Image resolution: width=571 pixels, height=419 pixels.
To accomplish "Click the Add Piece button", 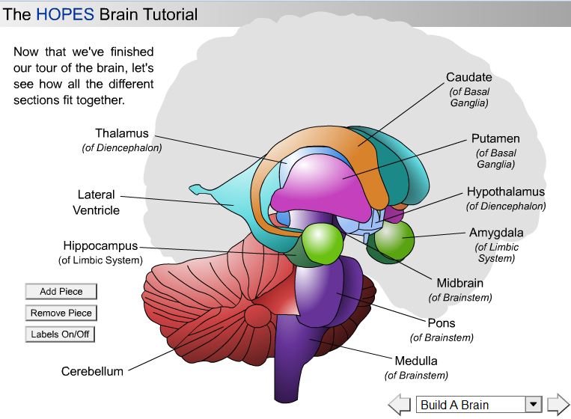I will click(61, 292).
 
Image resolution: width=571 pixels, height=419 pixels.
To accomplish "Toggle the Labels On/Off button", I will click(61, 334).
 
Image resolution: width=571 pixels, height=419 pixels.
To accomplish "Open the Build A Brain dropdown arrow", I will click(532, 405).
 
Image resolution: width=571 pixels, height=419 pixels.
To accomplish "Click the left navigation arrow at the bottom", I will click(400, 405).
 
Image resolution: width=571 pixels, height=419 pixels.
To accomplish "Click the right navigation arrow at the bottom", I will click(558, 405).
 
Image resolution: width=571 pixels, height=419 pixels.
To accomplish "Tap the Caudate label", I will click(468, 77).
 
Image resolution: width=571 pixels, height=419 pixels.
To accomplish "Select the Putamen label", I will click(495, 139).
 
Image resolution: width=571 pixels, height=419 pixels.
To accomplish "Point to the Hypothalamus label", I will click(505, 192).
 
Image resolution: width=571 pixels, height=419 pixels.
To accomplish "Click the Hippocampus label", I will click(100, 246).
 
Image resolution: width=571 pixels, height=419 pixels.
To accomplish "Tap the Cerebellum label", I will click(92, 371).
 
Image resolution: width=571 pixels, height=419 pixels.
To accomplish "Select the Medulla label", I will click(415, 361).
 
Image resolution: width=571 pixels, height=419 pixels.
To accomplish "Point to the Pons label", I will click(441, 324).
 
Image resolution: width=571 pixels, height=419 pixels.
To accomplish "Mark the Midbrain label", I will click(459, 284).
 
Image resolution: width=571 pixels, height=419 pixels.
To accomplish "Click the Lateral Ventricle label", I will click(96, 203).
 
